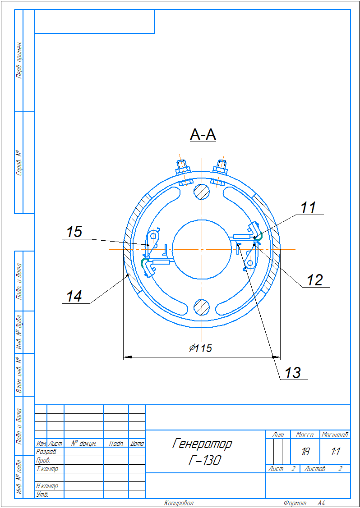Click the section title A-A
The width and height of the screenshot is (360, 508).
click(203, 135)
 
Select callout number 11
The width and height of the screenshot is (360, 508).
click(308, 207)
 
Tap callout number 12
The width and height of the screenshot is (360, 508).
click(315, 280)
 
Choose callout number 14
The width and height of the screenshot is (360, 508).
click(74, 296)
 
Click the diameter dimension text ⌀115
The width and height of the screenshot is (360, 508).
click(201, 348)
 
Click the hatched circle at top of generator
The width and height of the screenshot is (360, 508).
click(201, 191)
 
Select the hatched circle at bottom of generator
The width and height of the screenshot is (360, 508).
click(201, 307)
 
